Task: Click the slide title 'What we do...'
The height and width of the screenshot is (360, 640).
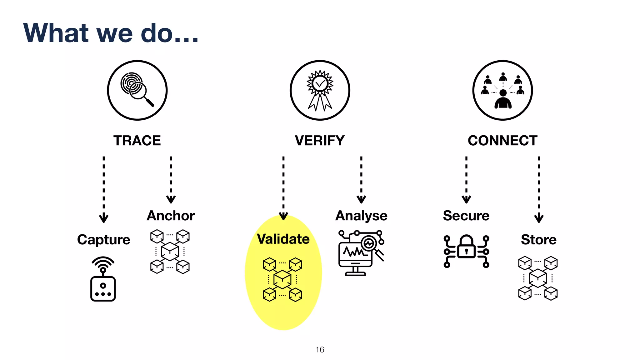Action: (x=111, y=33)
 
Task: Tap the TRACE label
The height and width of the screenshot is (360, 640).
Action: (x=137, y=141)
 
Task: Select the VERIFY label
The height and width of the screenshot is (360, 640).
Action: (x=320, y=141)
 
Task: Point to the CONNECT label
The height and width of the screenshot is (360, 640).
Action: (x=502, y=141)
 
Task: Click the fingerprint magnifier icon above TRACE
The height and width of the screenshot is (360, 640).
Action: (x=137, y=90)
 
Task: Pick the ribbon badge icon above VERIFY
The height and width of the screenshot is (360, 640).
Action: (x=320, y=90)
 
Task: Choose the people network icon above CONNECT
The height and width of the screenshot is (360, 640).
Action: (x=502, y=90)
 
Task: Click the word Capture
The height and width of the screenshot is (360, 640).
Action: (x=103, y=240)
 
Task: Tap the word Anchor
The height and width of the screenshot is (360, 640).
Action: (x=171, y=216)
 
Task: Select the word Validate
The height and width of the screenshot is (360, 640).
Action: (x=283, y=239)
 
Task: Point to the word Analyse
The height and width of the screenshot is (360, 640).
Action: (x=361, y=216)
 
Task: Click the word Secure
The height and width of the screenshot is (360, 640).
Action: (x=466, y=216)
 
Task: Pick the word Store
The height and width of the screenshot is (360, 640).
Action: (x=538, y=240)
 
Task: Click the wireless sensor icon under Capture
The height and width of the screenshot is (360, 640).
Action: (x=103, y=279)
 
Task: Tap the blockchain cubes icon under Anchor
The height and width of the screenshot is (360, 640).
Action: (x=170, y=252)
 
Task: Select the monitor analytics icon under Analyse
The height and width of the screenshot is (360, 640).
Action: (x=361, y=253)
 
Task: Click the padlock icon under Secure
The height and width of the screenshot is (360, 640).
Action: (x=466, y=251)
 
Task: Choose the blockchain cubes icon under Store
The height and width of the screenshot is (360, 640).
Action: (x=538, y=278)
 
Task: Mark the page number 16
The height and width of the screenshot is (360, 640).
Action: (x=320, y=350)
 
